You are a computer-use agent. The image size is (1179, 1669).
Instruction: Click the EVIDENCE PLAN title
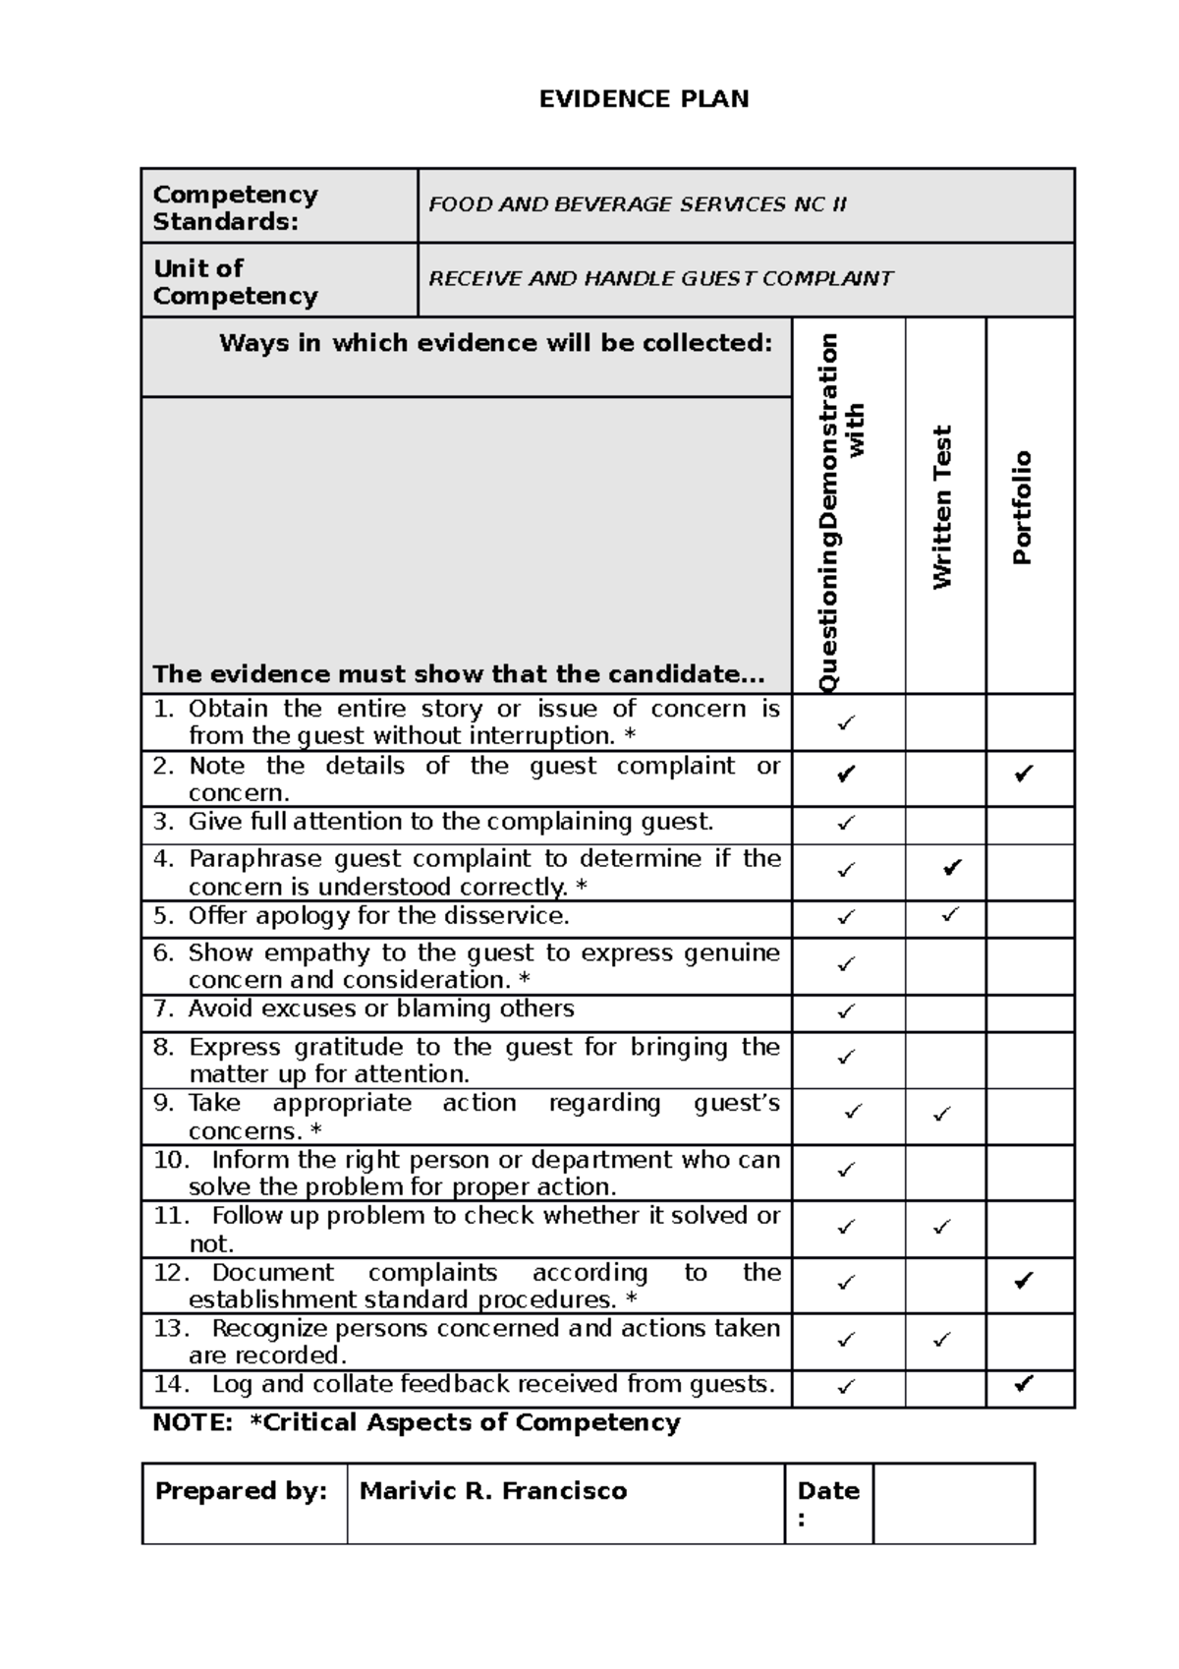(x=644, y=98)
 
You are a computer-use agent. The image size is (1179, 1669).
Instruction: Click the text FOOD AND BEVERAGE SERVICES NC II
(x=637, y=204)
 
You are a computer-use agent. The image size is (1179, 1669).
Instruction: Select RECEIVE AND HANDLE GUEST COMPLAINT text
(x=660, y=278)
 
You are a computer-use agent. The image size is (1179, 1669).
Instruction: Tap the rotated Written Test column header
(x=943, y=506)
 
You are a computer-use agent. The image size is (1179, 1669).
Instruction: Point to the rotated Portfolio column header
(x=1023, y=506)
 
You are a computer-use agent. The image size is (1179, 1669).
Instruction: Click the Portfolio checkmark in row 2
(x=1024, y=775)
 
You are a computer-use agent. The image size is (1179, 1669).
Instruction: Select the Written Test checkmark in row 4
(x=951, y=868)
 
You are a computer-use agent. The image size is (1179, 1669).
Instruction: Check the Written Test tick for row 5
(x=949, y=914)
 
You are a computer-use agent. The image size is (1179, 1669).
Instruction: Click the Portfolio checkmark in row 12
(x=1024, y=1280)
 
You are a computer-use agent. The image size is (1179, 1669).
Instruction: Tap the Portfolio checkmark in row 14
(x=1024, y=1385)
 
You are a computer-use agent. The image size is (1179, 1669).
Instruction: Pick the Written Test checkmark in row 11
(x=942, y=1227)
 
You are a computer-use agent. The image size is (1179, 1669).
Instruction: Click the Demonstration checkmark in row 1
(x=846, y=722)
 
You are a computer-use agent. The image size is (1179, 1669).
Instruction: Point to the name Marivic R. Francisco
(x=493, y=1491)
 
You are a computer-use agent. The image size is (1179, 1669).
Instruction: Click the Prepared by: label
(x=241, y=1491)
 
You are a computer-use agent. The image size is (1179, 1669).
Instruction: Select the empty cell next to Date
(x=953, y=1503)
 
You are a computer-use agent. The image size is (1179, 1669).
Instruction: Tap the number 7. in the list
(x=163, y=1008)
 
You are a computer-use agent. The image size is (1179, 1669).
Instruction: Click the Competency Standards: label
(x=235, y=207)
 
